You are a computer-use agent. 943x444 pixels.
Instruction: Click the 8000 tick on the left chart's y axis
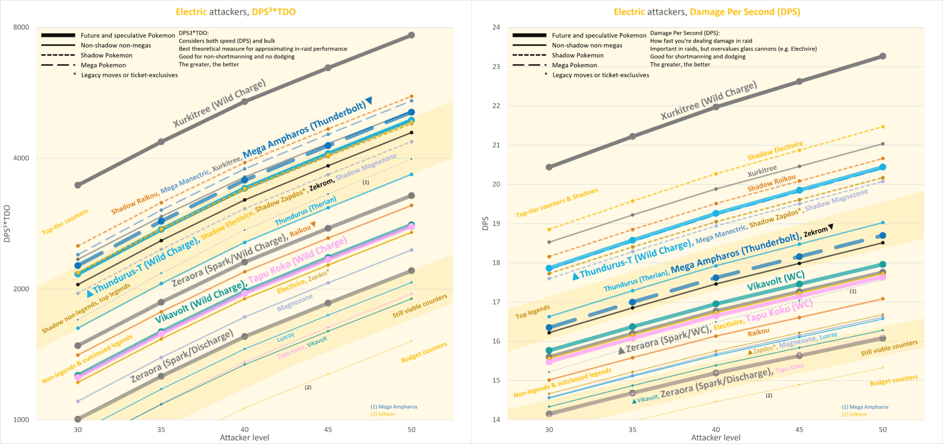pos(21,27)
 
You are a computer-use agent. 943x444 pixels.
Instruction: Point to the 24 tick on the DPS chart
pos(496,27)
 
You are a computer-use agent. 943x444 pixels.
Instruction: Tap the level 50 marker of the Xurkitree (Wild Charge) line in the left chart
pos(412,35)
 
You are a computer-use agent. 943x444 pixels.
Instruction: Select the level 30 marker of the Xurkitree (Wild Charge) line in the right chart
pos(549,167)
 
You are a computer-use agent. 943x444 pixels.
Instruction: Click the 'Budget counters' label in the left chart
pos(424,352)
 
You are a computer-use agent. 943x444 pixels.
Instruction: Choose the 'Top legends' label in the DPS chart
pos(532,312)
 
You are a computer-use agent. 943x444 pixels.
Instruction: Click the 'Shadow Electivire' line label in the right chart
pos(775,151)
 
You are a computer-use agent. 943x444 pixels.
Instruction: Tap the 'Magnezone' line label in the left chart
pos(295,302)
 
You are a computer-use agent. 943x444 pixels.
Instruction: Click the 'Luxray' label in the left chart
pos(285,337)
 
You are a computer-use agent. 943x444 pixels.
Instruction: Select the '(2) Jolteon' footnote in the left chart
pos(383,414)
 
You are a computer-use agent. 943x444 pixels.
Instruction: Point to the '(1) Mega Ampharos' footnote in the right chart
pos(865,407)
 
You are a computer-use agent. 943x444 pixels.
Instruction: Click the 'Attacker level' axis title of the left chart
pos(244,438)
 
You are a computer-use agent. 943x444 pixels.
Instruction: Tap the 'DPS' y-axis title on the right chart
pos(485,223)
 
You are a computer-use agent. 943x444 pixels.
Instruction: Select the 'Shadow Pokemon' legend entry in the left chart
pos(106,55)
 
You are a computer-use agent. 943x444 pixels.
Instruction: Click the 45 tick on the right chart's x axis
pos(799,430)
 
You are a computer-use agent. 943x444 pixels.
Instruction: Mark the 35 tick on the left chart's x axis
pos(161,430)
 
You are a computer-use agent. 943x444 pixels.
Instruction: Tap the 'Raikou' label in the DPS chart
pos(758,332)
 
